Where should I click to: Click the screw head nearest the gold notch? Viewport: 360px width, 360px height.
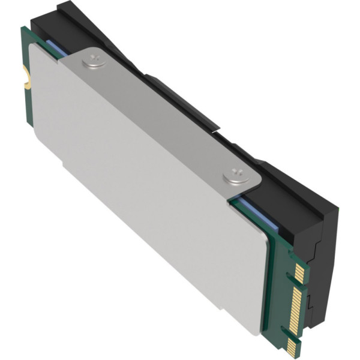pyautogui.click(x=93, y=59)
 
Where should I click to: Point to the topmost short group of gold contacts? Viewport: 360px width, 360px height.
pyautogui.click(x=300, y=274)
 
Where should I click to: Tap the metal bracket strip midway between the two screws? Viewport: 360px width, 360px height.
pyautogui.click(x=162, y=117)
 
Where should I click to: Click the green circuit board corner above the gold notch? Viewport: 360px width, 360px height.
pyautogui.click(x=25, y=31)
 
